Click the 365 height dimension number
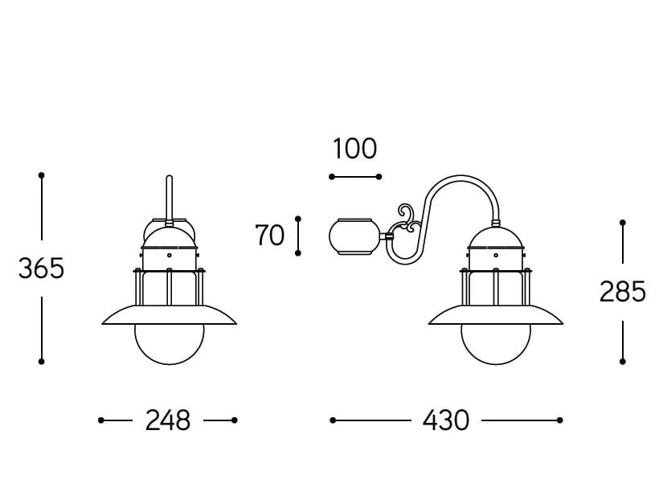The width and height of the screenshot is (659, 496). (x=41, y=268)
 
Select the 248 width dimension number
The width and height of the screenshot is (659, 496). (x=168, y=420)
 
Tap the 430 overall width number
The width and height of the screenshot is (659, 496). (x=445, y=420)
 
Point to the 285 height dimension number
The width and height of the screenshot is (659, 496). (x=623, y=292)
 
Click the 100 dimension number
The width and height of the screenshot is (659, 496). (x=354, y=149)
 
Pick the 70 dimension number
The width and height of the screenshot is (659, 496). (x=269, y=236)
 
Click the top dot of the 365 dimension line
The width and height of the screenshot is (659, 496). (x=41, y=175)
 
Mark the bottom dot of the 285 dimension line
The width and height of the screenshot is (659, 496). (x=623, y=362)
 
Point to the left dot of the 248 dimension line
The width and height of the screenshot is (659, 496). (x=101, y=420)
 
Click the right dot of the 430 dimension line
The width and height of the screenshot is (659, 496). (x=560, y=420)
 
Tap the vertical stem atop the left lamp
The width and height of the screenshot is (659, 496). (x=169, y=199)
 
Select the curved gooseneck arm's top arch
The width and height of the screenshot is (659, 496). (x=461, y=178)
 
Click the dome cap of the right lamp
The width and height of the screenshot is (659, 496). (x=496, y=237)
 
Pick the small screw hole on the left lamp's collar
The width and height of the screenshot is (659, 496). (x=170, y=255)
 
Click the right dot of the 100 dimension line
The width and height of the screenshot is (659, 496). (x=379, y=177)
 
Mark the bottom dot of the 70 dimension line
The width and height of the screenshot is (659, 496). (x=298, y=253)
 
